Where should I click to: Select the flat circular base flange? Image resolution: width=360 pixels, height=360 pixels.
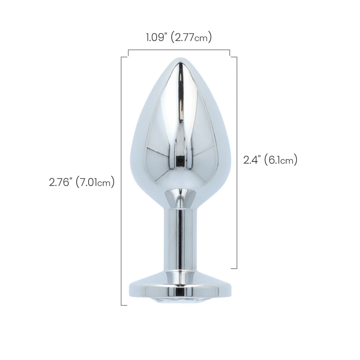point(180,289)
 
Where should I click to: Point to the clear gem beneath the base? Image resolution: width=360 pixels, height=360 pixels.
point(180,300)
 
